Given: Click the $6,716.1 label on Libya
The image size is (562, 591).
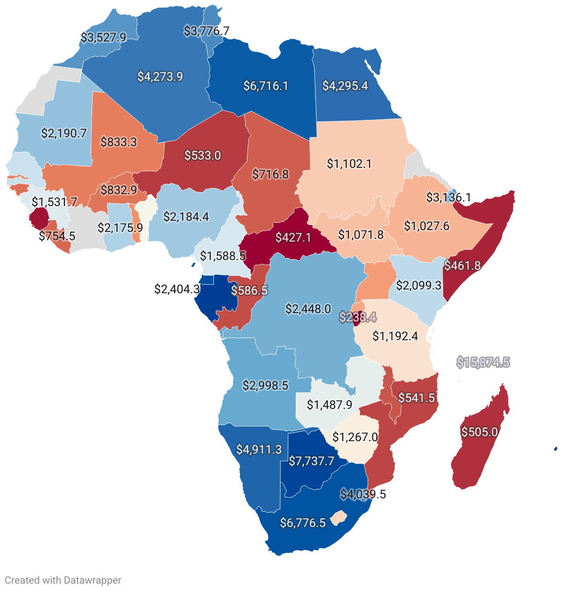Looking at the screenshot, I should (266, 86).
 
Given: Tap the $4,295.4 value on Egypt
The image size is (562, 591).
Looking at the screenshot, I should (345, 86).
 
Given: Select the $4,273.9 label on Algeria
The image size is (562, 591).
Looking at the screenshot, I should (160, 77).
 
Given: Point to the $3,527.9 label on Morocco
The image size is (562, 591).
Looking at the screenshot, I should (103, 37).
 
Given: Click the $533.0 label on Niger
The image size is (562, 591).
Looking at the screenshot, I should (203, 155).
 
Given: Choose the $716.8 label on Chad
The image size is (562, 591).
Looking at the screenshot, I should (270, 174).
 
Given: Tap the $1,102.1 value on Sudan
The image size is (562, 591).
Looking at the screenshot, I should (349, 164).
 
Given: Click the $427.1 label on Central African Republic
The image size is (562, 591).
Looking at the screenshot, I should (293, 237).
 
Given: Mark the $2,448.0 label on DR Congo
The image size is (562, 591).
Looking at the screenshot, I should (308, 309).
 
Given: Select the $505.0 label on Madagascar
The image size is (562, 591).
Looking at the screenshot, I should (480, 432).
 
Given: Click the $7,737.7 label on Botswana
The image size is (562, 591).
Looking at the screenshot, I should (311, 461).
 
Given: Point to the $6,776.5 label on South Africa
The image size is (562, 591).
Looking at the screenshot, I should (303, 523).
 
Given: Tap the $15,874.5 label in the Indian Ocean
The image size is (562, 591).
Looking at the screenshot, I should (483, 362).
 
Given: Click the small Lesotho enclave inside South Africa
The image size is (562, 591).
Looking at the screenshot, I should (339, 517).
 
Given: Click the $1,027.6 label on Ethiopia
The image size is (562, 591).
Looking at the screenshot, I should (427, 226).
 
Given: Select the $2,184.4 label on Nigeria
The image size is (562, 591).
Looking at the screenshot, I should (186, 216).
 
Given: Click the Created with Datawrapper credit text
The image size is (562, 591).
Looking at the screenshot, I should (63, 580).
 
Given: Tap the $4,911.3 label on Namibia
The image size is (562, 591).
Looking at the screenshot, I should (259, 449).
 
